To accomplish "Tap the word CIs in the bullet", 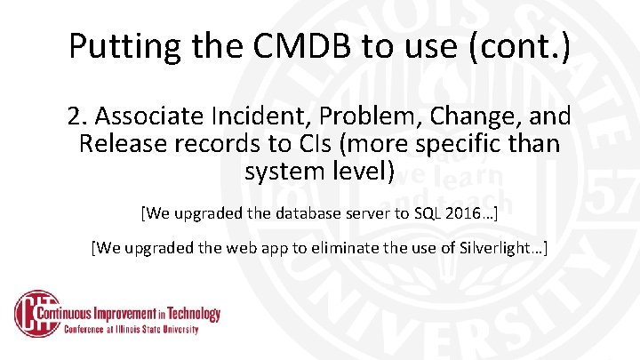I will pyautogui.click(x=331, y=143).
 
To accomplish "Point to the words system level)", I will pyautogui.click(x=319, y=171).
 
